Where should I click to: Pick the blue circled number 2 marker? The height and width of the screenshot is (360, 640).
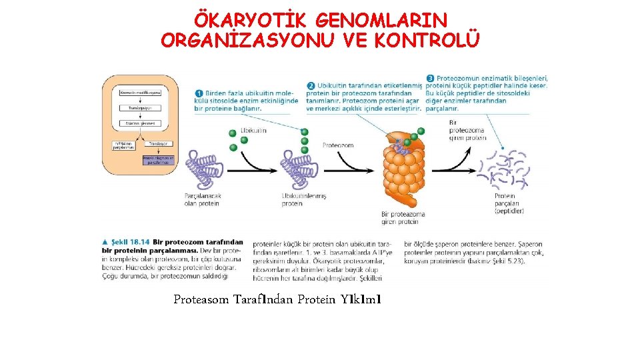[311, 85]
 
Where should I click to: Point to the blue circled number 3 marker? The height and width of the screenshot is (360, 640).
[431, 78]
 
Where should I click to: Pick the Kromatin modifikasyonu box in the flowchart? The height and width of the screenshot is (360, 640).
[141, 92]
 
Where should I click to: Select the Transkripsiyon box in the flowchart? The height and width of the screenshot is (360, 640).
[140, 107]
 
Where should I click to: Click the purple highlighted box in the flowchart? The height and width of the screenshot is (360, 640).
[157, 160]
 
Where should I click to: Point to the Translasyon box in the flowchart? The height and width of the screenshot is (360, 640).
[157, 143]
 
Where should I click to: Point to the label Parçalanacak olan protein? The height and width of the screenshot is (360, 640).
[202, 199]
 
